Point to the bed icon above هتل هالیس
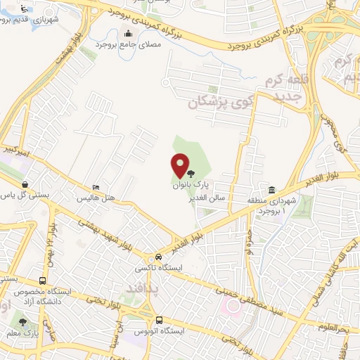click(96, 188)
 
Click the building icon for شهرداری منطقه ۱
click(271, 190)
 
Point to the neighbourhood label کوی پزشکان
click(214, 101)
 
